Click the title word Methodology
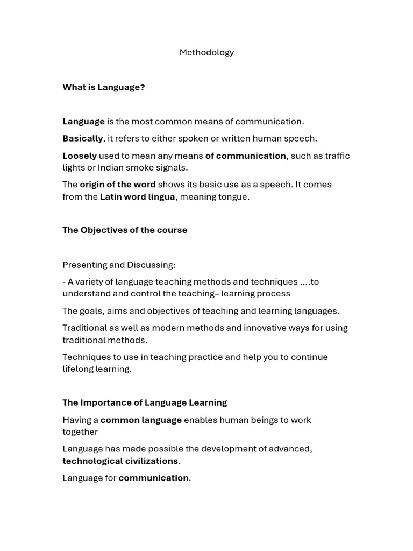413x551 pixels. tap(206, 52)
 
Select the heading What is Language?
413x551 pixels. tap(104, 87)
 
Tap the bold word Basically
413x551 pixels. tap(83, 138)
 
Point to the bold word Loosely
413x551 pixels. tap(80, 156)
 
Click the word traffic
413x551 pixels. tap(337, 156)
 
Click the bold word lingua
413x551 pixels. tap(161, 197)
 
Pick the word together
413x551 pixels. tap(80, 432)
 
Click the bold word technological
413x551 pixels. tap(92, 461)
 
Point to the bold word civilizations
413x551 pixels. tap(152, 461)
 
